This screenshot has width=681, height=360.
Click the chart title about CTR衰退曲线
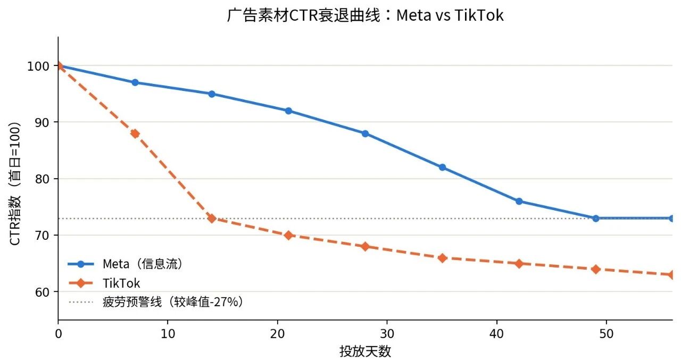tap(365, 15)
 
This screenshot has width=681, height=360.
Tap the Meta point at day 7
tap(135, 82)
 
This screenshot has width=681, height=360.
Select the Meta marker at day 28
tap(365, 133)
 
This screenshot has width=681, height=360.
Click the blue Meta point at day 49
tap(595, 219)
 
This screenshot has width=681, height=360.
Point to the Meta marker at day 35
tap(442, 168)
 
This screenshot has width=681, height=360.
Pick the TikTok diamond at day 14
tap(212, 219)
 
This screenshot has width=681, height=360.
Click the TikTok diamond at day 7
tap(135, 133)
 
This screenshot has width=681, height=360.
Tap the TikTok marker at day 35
tap(442, 258)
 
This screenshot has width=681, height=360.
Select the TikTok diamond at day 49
tap(595, 270)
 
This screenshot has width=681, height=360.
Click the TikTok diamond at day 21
tap(288, 236)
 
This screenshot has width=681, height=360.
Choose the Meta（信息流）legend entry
tap(125, 264)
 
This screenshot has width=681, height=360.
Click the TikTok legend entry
tap(104, 283)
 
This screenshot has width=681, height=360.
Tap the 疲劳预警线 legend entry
tap(156, 302)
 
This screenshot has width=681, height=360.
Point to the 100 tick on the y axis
tap(38, 66)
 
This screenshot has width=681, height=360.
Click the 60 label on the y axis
tap(42, 292)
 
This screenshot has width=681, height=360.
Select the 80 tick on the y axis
tap(42, 179)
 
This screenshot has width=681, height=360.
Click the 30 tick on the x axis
tap(387, 334)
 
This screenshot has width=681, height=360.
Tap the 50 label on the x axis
tap(607, 334)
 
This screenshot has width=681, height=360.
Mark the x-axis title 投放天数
tap(365, 351)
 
